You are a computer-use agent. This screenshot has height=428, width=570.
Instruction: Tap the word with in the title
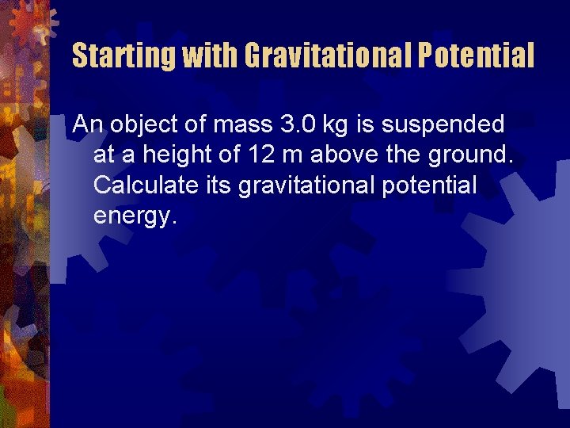click(209, 55)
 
